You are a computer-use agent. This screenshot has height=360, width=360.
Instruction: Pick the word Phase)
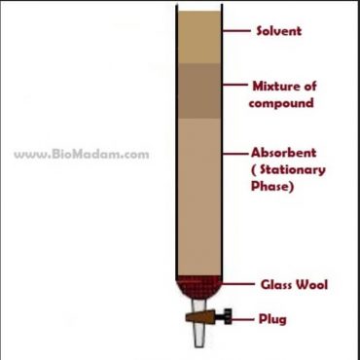tap(273, 186)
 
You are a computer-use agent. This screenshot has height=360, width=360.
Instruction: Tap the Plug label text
tap(271, 318)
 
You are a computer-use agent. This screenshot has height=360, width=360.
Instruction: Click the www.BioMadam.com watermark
tap(83, 153)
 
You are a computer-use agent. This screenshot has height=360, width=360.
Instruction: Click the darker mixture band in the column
tap(199, 90)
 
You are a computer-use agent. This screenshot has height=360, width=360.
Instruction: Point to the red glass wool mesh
tap(200, 288)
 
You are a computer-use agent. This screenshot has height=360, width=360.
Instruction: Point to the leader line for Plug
tap(240, 317)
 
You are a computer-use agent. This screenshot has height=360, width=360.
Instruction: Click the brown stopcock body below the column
tap(200, 313)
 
